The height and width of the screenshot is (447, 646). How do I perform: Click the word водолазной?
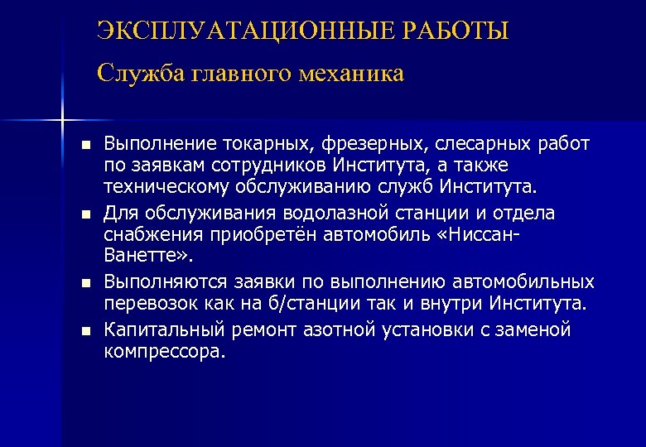tap(325, 214)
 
